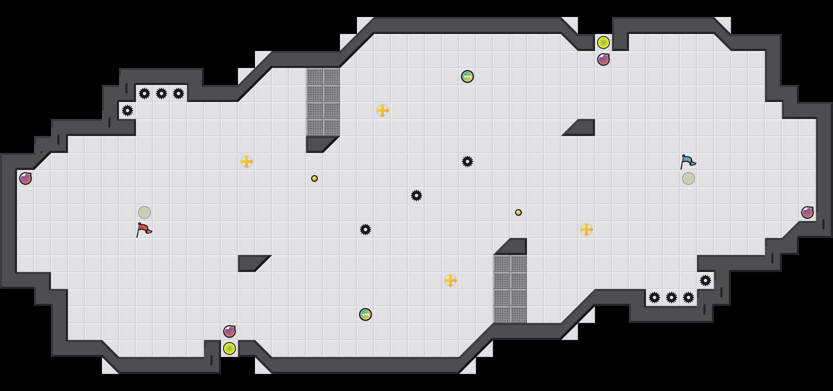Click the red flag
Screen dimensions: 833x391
point(144,229)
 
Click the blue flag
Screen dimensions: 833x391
point(688,161)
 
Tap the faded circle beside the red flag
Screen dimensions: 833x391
point(144,212)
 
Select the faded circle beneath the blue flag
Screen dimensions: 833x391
point(688,178)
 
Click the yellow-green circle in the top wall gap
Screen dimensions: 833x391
point(603,42)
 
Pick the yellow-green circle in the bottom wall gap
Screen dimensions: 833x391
point(229,348)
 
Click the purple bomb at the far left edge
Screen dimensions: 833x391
point(25,178)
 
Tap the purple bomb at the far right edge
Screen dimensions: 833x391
point(807,212)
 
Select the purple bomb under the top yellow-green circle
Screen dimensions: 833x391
point(603,59)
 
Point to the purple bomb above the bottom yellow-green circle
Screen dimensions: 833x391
point(229,331)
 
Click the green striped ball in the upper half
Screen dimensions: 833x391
point(467,76)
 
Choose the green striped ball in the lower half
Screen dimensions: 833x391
point(365,314)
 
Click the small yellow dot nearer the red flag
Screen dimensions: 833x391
point(314,178)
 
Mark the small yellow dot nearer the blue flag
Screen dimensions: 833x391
point(518,212)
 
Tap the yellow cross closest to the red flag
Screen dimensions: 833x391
point(246,161)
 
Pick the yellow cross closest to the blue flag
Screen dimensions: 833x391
point(586,229)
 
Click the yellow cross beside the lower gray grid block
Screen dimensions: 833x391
point(450,280)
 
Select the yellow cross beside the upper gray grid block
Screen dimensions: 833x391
point(382,110)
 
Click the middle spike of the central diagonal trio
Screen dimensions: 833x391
point(416,195)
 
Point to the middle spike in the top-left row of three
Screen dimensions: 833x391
point(161,93)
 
